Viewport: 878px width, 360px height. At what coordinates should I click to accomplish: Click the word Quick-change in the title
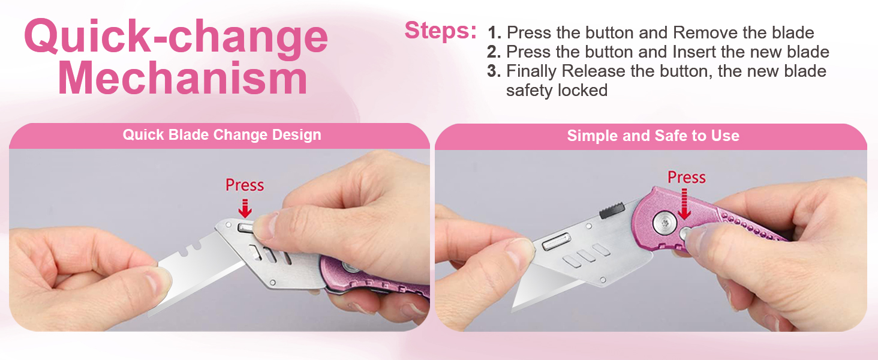click(176, 37)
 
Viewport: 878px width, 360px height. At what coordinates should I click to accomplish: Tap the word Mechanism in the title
click(182, 79)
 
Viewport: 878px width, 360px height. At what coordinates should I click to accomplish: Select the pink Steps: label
click(440, 31)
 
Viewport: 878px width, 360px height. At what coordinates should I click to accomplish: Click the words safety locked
click(557, 91)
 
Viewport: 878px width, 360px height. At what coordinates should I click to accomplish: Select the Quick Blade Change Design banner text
click(222, 135)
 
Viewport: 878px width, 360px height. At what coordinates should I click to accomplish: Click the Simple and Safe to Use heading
click(653, 136)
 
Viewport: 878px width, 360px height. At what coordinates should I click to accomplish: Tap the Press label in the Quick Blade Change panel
click(245, 185)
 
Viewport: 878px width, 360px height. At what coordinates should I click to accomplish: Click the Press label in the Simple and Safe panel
click(687, 178)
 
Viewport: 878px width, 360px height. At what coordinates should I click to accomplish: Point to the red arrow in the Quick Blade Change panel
click(245, 208)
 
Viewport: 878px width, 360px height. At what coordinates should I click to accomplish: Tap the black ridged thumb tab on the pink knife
click(610, 210)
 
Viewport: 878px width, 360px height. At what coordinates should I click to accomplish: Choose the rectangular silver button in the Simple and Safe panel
click(556, 242)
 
